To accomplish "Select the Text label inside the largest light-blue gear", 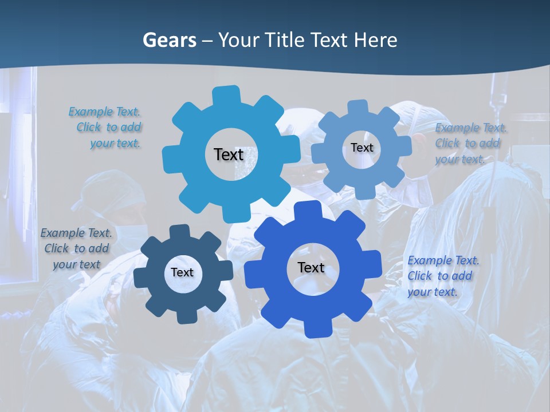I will coord(229,154).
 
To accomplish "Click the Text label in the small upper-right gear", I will coord(362,148).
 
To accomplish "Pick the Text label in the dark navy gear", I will coord(182,273).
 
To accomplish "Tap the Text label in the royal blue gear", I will coord(311,268).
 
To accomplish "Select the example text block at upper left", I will coord(105,128).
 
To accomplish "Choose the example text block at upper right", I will coord(470,144).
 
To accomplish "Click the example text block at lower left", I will coord(76,249).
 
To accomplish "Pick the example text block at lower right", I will coord(443,276).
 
